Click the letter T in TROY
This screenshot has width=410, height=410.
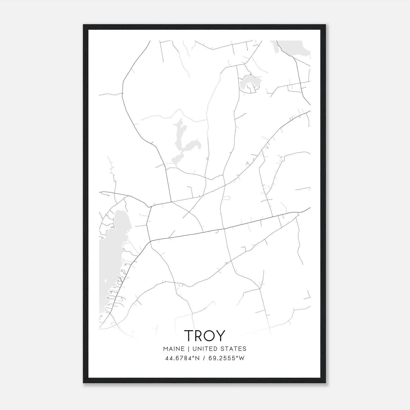click(x=189, y=335)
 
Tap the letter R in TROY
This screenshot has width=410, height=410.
click(x=199, y=335)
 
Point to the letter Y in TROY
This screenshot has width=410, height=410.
click(x=221, y=335)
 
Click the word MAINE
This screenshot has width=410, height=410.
click(x=173, y=349)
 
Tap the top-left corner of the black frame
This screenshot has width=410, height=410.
click(x=84, y=25)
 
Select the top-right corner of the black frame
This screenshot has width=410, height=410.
click(x=326, y=25)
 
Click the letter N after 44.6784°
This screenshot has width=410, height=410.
click(x=197, y=358)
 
